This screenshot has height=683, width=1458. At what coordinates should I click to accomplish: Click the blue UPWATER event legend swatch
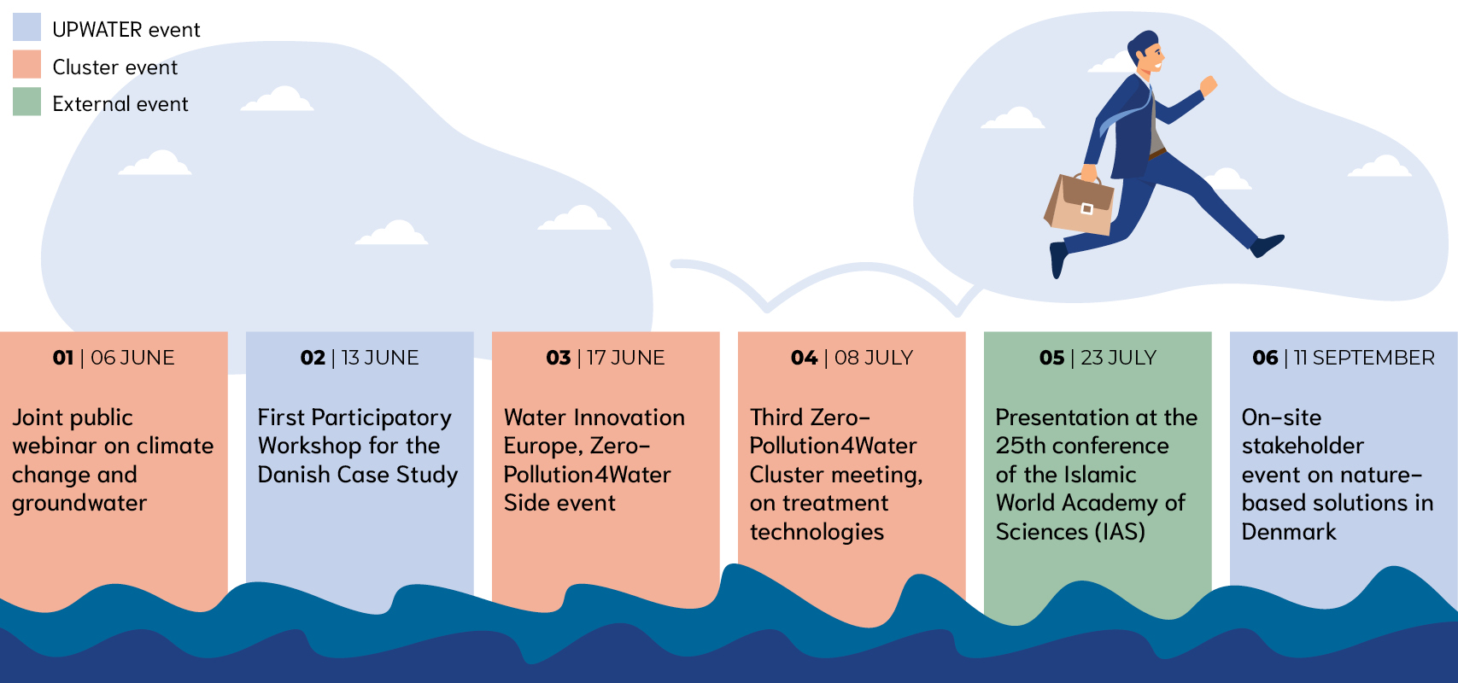tap(26, 27)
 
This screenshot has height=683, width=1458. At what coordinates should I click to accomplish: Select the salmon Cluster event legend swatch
tap(26, 64)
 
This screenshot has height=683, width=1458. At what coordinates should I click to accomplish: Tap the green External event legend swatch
tap(26, 102)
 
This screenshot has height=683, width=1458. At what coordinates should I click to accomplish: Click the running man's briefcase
tap(1079, 202)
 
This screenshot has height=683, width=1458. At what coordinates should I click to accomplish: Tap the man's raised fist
tap(1209, 85)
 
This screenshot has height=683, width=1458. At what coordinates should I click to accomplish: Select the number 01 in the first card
tap(63, 358)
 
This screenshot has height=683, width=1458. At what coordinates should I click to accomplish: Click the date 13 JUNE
tap(380, 358)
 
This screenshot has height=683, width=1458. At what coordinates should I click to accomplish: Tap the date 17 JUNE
tap(625, 358)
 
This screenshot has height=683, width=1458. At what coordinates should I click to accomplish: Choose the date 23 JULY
tap(1118, 358)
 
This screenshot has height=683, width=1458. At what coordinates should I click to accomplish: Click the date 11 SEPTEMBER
tap(1364, 358)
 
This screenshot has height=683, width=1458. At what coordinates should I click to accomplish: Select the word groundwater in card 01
tap(79, 504)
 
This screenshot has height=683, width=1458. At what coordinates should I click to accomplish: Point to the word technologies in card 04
tap(817, 532)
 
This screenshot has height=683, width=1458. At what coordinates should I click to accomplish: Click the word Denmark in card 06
tap(1289, 532)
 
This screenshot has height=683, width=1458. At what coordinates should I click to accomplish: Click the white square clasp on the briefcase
tap(1086, 209)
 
